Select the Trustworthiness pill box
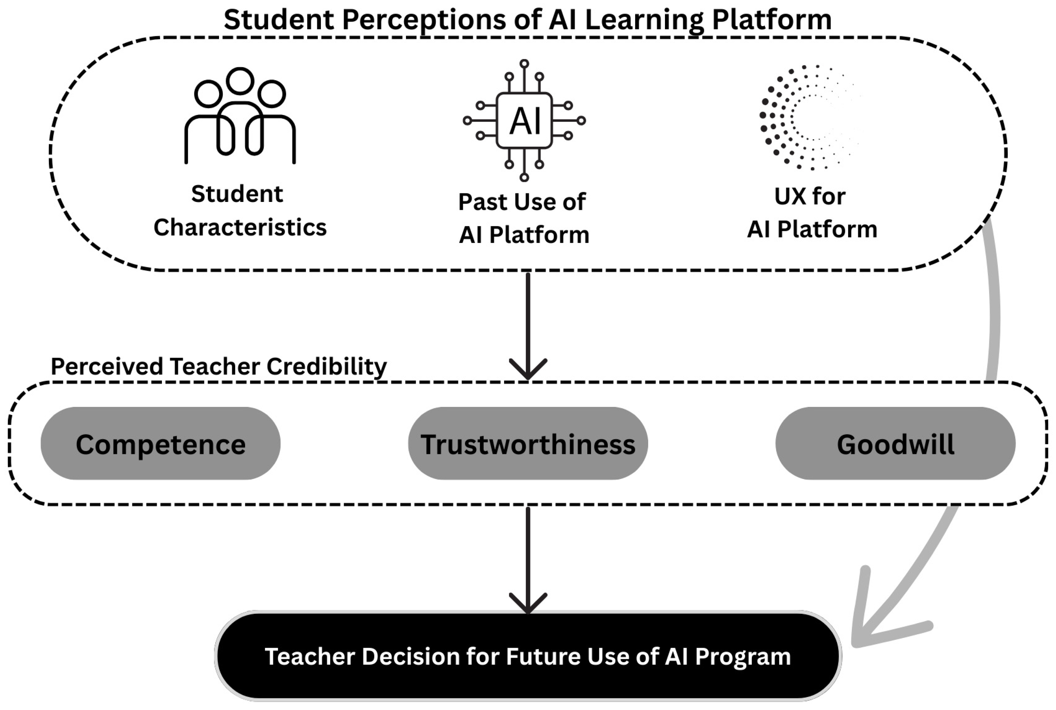click(528, 443)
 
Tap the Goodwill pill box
click(895, 443)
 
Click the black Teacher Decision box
click(528, 655)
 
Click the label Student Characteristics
click(240, 211)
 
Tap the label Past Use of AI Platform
click(524, 218)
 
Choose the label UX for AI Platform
click(812, 212)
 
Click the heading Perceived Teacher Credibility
click(219, 366)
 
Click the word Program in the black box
click(743, 657)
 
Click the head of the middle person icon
click(240, 81)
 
